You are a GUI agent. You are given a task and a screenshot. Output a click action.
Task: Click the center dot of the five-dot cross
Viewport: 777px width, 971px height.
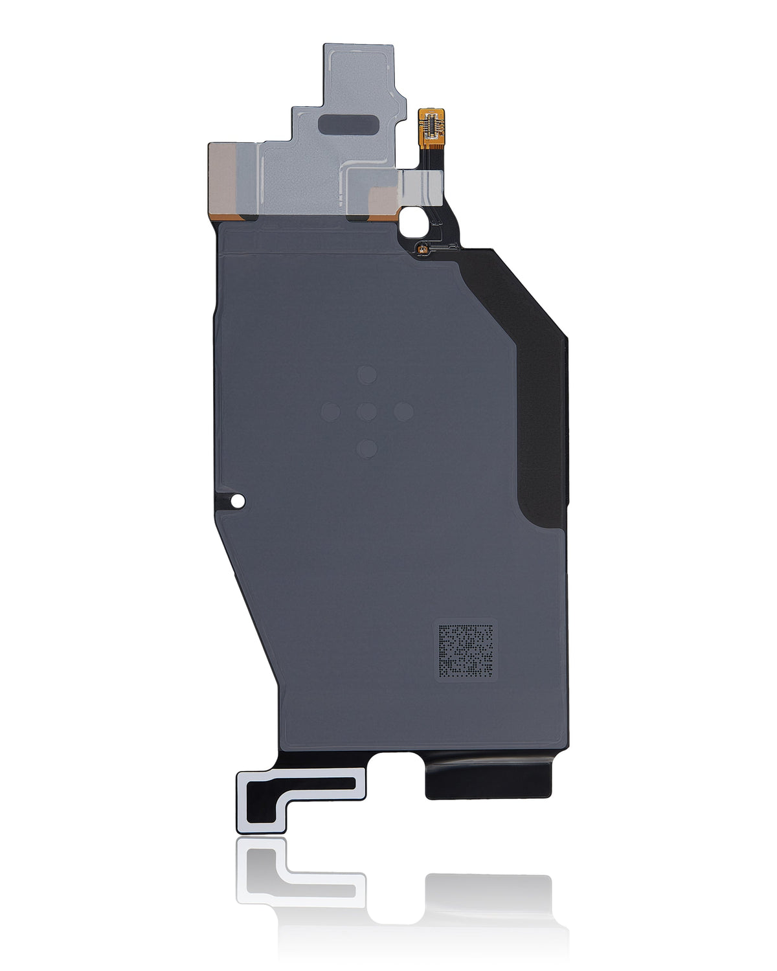(x=367, y=410)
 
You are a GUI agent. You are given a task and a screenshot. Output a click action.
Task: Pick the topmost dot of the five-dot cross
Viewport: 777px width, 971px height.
(x=368, y=374)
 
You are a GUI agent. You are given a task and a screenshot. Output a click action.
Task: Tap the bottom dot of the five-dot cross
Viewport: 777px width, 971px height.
(x=367, y=447)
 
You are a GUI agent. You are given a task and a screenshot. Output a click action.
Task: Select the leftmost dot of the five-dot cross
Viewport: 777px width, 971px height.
(x=331, y=410)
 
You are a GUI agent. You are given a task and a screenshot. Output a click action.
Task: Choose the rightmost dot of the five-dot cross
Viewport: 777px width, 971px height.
(x=404, y=410)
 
